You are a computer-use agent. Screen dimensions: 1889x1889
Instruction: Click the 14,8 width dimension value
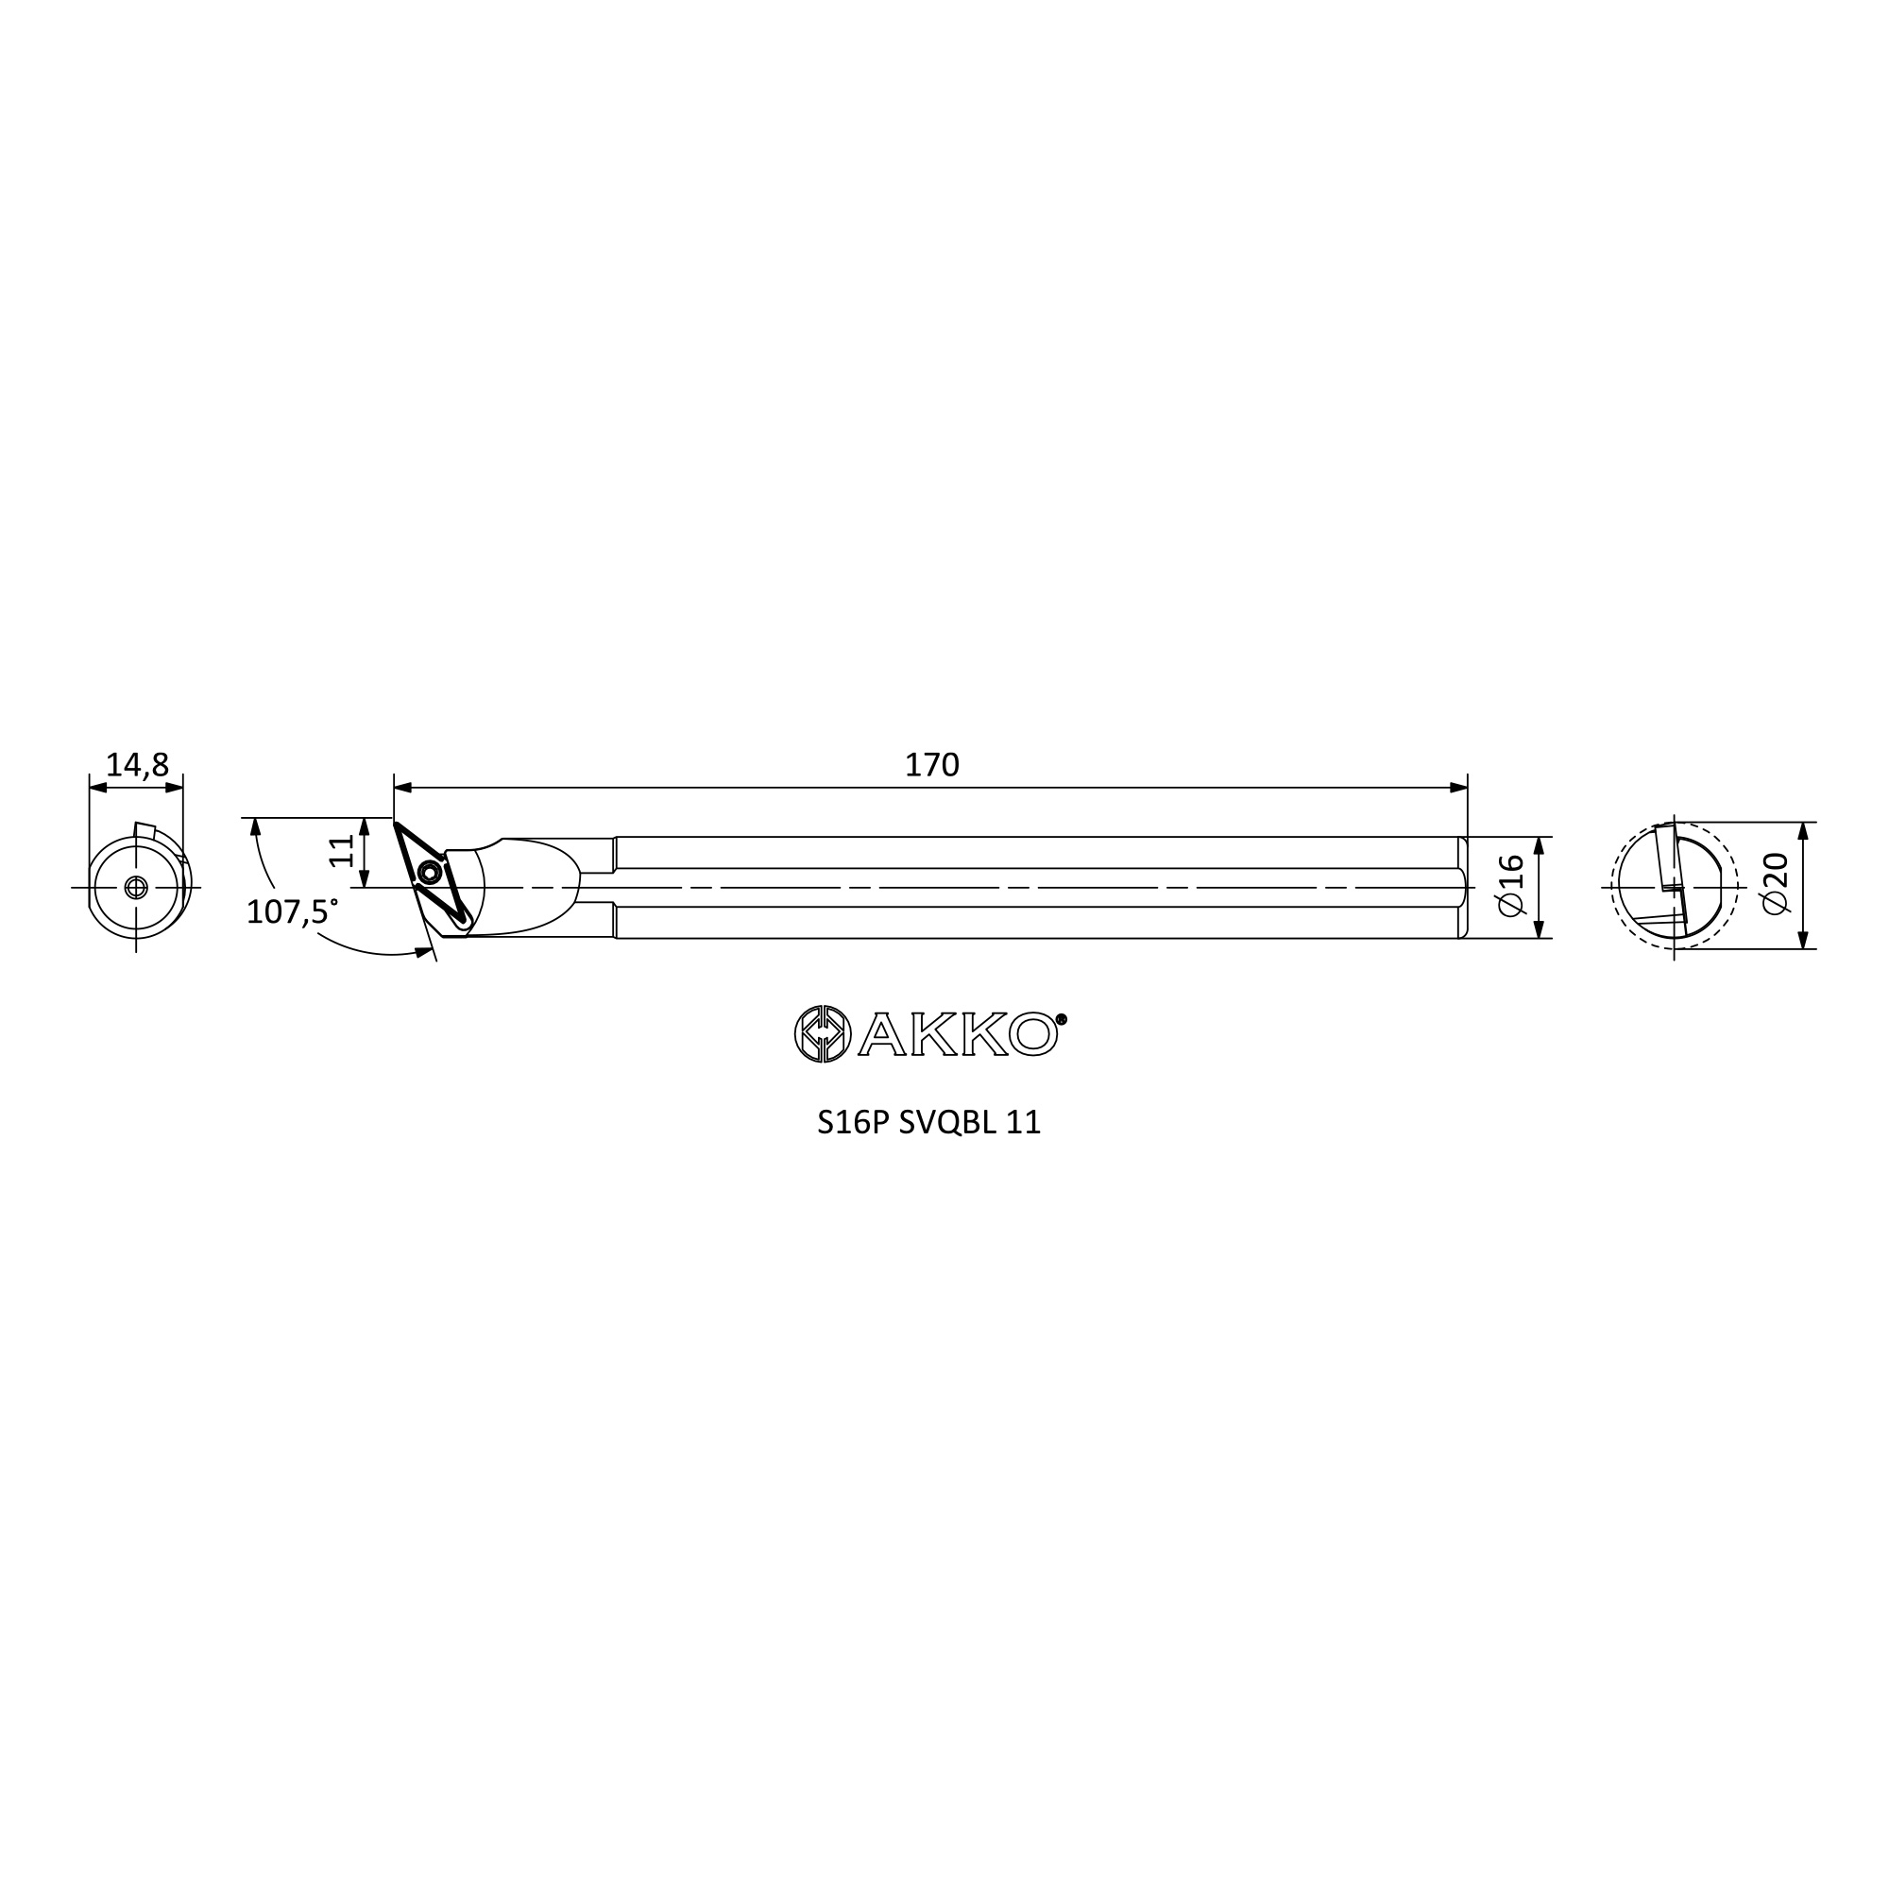(x=137, y=766)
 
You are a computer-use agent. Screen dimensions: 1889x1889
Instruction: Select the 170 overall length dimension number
(x=932, y=766)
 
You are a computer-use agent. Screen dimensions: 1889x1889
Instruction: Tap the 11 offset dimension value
(x=341, y=851)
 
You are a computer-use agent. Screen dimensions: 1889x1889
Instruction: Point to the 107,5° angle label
(x=291, y=912)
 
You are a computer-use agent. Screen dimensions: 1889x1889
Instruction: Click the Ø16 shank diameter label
(x=1510, y=885)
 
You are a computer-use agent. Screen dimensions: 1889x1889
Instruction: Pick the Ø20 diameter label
(x=1775, y=884)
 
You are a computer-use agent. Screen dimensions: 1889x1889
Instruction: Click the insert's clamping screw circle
(x=427, y=873)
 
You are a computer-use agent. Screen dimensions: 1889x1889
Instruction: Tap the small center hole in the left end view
(x=136, y=887)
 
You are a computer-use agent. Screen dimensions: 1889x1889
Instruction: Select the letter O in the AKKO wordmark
(x=1031, y=1034)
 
